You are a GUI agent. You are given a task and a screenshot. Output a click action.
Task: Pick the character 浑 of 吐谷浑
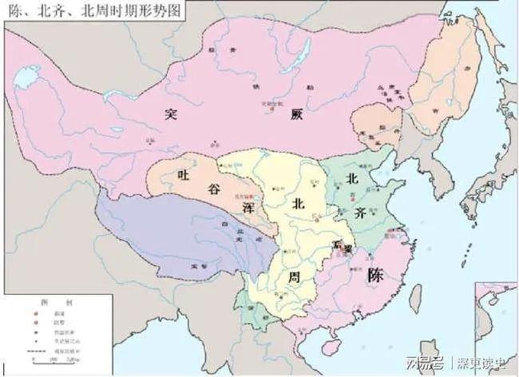[249, 207]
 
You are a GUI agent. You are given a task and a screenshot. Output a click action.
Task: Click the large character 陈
[376, 276]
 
